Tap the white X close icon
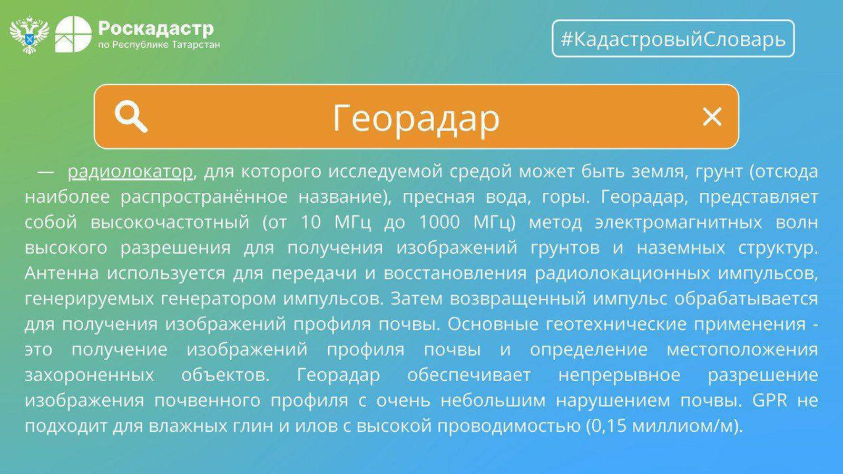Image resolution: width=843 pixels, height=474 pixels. coord(712,116)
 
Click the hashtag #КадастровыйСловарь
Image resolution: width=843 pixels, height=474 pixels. coord(673,39)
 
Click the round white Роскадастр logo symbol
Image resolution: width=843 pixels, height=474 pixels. coord(73,34)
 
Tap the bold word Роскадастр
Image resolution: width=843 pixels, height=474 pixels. coord(156,28)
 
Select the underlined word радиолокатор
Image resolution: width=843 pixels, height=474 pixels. coord(130,172)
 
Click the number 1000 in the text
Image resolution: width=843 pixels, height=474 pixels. coord(439,222)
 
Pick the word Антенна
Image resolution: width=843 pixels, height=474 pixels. coord(62,273)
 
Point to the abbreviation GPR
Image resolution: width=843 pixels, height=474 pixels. coord(770,400)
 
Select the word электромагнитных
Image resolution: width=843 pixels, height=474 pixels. coord(679,222)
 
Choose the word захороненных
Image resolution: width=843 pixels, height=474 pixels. coord(89,375)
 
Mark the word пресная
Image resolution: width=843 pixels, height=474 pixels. coord(439,197)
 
